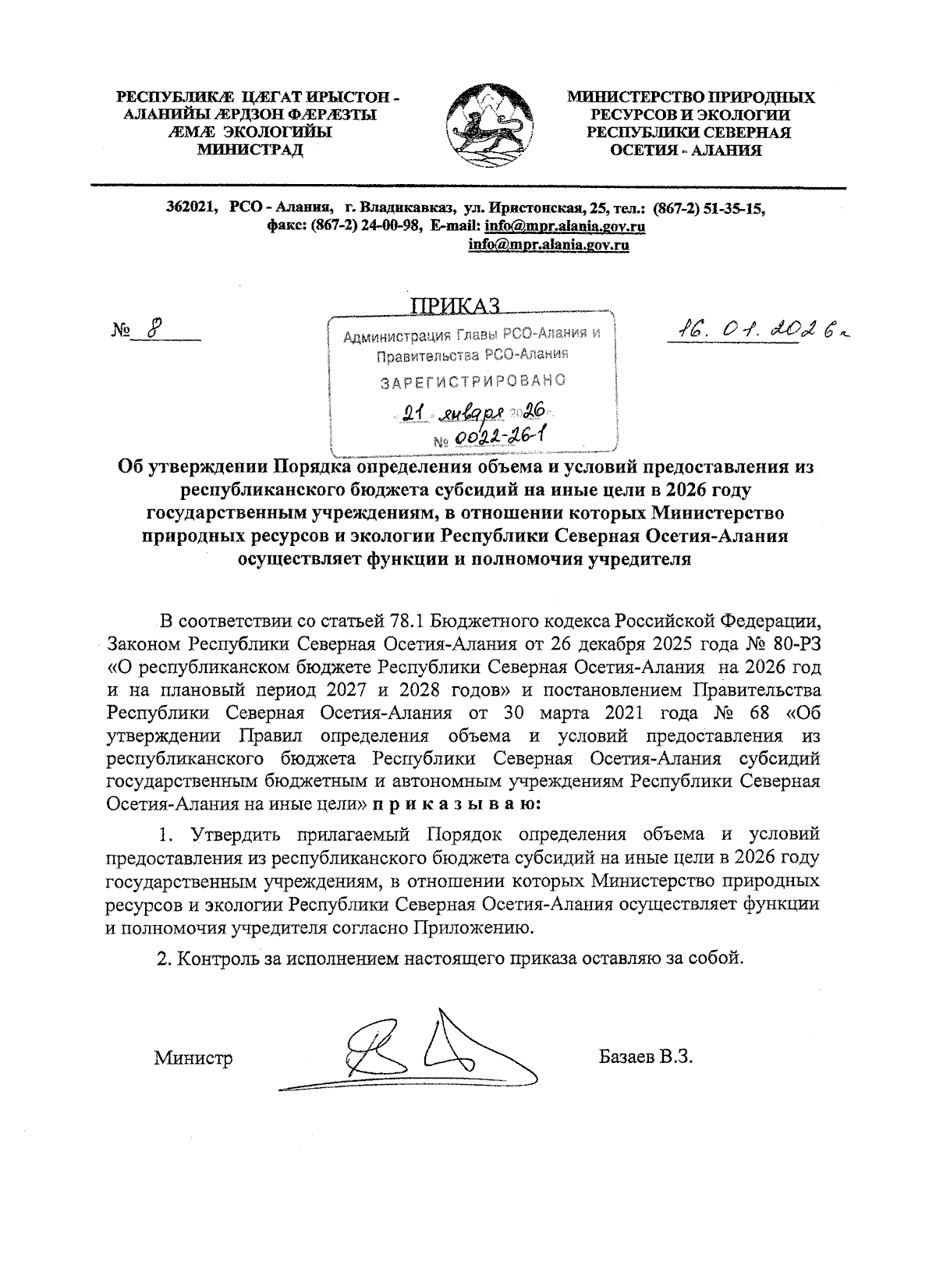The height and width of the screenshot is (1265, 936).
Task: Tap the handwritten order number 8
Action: (x=154, y=329)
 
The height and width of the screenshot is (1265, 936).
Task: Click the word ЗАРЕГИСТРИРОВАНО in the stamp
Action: (x=472, y=382)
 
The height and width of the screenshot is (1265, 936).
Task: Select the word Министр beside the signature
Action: (x=193, y=1058)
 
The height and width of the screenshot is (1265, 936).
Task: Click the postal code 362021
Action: (x=191, y=208)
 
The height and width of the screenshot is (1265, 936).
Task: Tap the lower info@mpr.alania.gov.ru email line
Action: (x=548, y=245)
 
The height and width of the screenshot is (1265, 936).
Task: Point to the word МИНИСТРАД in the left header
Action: (x=250, y=150)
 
